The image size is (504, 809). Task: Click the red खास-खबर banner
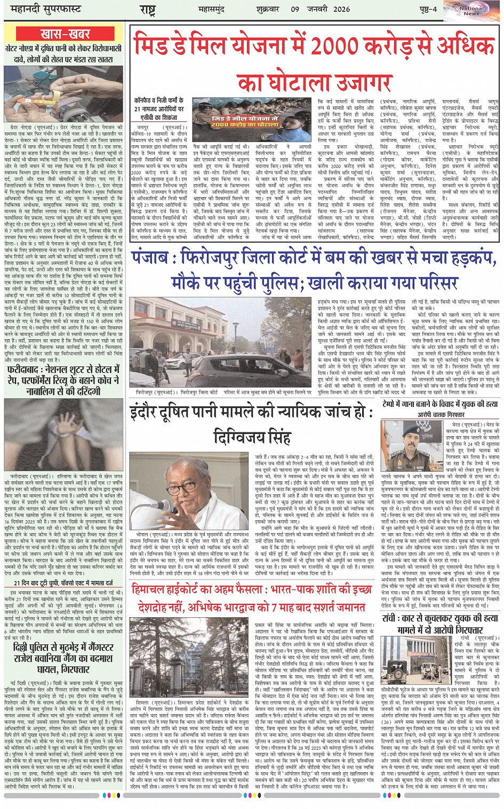click(65, 34)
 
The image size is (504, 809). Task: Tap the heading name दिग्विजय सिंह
click(252, 436)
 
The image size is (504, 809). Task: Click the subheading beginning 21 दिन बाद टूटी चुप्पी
click(64, 583)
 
